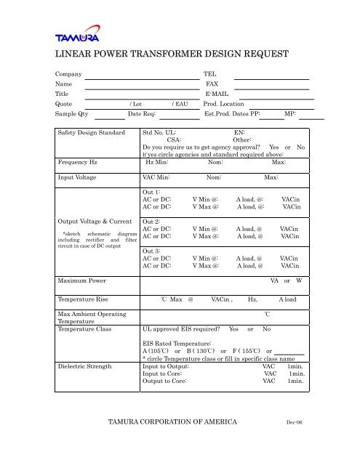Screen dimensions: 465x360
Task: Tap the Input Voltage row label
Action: coord(77,177)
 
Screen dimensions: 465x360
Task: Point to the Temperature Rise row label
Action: coord(84,299)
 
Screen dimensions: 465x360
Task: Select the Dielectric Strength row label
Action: coord(84,367)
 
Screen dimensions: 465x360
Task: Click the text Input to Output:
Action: coord(168,367)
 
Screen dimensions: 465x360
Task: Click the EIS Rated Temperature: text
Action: coord(177,341)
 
